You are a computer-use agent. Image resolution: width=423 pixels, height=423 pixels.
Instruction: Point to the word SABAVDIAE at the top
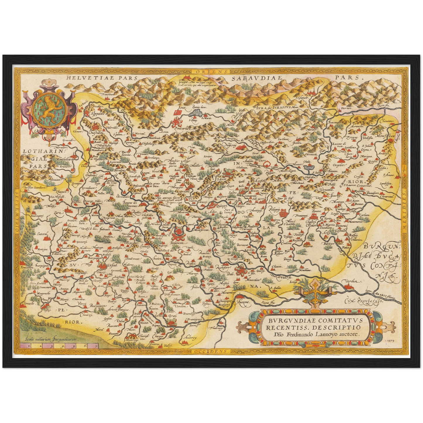pos(256,78)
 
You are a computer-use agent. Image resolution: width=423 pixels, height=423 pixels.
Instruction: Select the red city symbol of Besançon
pos(178,234)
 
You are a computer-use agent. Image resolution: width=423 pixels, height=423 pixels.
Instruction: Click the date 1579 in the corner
pos(390,341)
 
